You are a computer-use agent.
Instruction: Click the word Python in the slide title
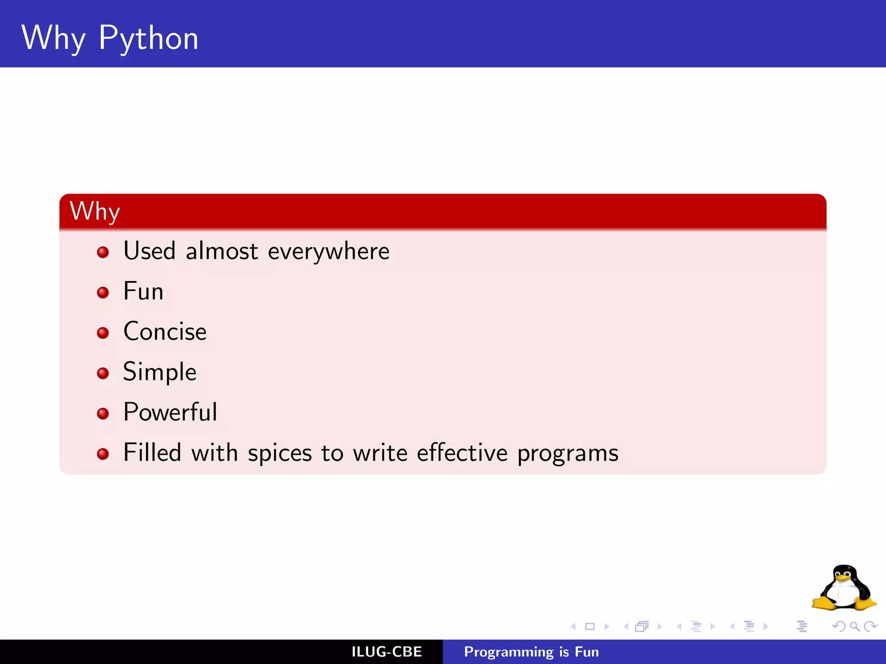pos(148,39)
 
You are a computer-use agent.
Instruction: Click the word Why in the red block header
pos(94,211)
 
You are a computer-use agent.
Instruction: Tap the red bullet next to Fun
pos(103,293)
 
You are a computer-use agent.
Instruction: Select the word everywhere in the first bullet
pos(328,252)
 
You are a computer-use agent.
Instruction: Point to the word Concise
pos(165,332)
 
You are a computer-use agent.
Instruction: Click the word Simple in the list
pos(160,372)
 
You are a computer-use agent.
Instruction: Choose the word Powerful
pos(170,412)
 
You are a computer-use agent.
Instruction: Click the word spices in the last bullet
pos(279,453)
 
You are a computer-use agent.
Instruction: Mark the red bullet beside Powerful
pos(103,414)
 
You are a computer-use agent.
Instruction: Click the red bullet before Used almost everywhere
pos(103,252)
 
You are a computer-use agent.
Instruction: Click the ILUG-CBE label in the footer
pos(386,652)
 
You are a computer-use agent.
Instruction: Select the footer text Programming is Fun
pos(531,652)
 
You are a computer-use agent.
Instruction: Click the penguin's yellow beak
pos(843,578)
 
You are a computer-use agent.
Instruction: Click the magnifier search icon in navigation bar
pos(854,626)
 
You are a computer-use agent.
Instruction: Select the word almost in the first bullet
pos(221,252)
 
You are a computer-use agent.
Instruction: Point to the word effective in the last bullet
pos(462,453)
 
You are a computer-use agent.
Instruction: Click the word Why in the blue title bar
pos(53,39)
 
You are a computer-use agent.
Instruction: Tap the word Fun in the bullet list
pos(143,291)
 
